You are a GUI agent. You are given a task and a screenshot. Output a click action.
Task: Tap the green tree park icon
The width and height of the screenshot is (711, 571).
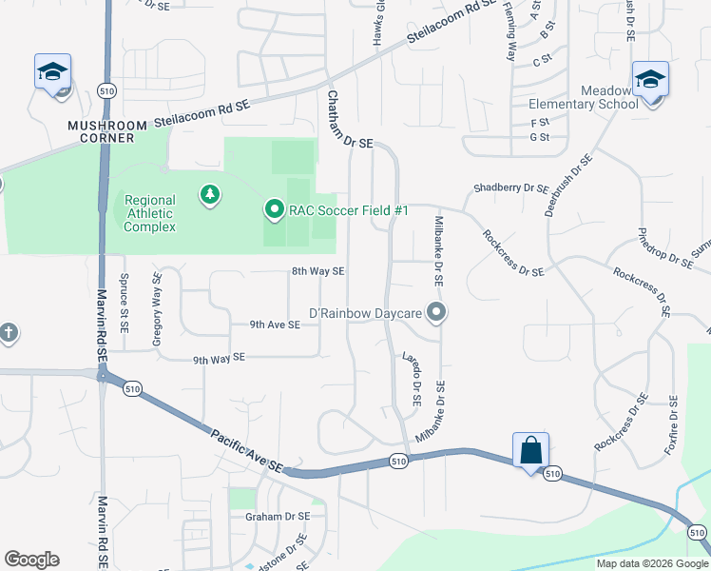(209, 196)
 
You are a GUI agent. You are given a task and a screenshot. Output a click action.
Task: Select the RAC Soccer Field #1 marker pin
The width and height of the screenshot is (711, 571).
(275, 209)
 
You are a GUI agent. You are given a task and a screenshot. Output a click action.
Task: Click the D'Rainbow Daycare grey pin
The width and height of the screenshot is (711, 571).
(436, 313)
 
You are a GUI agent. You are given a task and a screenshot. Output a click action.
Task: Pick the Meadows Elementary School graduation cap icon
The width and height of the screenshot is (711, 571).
(650, 79)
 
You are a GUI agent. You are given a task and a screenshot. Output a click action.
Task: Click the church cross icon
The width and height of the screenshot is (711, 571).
(9, 333)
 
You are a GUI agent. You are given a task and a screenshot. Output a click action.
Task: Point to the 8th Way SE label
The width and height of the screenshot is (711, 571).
(317, 271)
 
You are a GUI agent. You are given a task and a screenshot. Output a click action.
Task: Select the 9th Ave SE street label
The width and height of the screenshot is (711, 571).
(275, 325)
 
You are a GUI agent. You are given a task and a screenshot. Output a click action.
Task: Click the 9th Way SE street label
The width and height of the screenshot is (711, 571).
(219, 358)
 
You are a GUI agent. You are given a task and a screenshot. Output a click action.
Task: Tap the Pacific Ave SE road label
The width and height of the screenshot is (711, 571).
(247, 449)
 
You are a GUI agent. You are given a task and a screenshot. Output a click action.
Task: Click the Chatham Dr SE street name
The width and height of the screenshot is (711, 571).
(350, 121)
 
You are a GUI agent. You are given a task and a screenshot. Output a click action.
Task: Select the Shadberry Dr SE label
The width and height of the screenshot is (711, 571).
(511, 188)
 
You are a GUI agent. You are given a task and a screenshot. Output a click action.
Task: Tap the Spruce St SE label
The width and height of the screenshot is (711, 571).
(124, 305)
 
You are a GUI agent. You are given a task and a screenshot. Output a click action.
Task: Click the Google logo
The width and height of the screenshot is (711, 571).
(31, 560)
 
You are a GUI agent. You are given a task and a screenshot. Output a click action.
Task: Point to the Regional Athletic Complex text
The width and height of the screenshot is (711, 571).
(149, 213)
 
